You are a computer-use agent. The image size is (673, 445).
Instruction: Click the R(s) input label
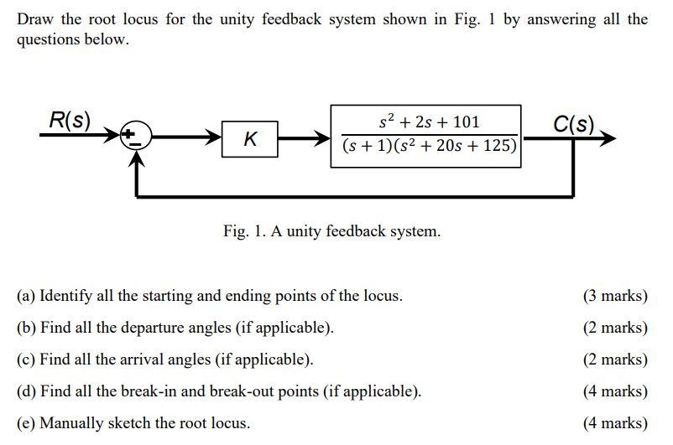[x=69, y=120]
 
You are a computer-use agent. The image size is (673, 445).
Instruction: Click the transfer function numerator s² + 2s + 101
[x=429, y=122]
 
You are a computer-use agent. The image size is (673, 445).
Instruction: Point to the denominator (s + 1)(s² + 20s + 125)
[x=429, y=147]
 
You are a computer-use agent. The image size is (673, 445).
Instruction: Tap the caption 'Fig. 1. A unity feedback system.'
[x=331, y=231]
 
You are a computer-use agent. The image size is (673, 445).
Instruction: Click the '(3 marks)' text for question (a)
[x=615, y=296]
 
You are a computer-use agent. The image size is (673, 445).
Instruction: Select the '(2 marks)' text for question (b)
[x=615, y=328]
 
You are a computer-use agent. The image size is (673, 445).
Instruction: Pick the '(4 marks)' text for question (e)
[x=615, y=423]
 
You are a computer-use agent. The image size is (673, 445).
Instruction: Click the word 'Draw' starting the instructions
[x=34, y=19]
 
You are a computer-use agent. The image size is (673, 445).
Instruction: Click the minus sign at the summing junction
[x=132, y=143]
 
